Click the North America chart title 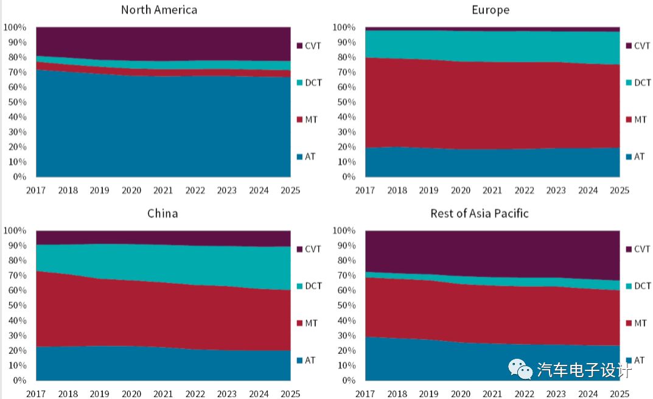[159, 10]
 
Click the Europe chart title [491, 10]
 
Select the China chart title [162, 213]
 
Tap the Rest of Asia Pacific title [480, 213]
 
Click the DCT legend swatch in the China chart [299, 286]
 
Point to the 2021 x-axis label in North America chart [164, 191]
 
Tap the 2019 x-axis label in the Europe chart [430, 191]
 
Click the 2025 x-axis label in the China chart [290, 394]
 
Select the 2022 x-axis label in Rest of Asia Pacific [525, 394]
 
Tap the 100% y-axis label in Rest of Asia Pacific [343, 231]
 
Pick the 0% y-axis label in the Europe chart [348, 177]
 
